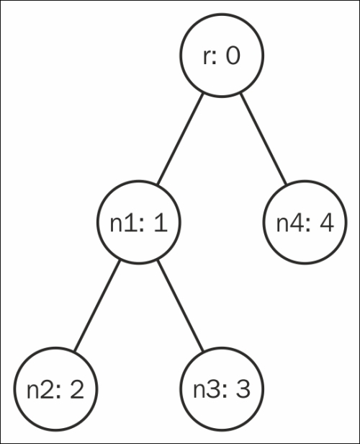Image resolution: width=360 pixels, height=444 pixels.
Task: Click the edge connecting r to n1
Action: coord(181,139)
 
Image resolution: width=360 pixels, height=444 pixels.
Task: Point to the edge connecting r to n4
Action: coord(264,139)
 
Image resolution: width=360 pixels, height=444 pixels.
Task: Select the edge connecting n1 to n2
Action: coord(97,306)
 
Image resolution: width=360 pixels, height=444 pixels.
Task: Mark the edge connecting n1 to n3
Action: coord(181,306)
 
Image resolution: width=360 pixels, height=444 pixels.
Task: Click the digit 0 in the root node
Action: coord(233,55)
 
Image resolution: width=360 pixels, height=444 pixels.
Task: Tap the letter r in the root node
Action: coord(207,58)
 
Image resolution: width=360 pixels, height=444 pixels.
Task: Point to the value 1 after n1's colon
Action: coord(161,223)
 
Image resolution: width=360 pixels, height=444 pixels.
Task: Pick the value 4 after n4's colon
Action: coord(327,223)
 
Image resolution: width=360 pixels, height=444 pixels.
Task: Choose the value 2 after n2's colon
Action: coord(77,390)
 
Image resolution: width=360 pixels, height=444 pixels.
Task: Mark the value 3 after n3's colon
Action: coord(243,390)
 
